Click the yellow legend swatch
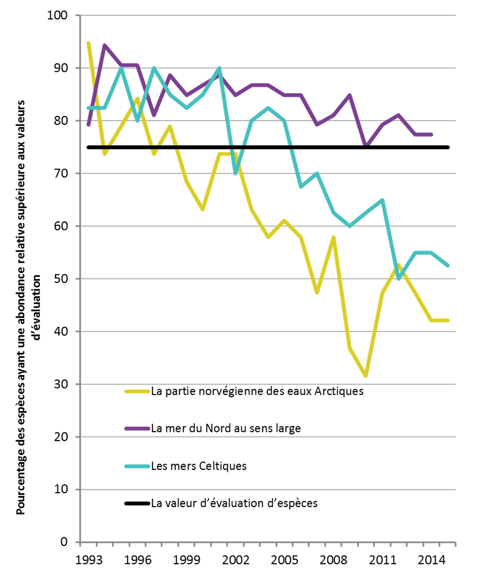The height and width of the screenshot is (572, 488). click(x=137, y=391)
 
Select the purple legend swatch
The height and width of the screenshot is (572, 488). click(x=137, y=428)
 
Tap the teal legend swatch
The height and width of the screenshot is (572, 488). click(x=137, y=466)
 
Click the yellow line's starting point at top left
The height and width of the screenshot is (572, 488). click(x=88, y=42)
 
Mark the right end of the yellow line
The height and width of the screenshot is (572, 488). click(x=449, y=320)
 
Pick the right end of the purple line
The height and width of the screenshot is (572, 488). click(x=432, y=134)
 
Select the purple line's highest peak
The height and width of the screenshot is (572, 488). click(x=104, y=45)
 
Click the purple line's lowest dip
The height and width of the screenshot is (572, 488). click(x=366, y=144)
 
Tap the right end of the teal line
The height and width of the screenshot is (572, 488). click(x=449, y=266)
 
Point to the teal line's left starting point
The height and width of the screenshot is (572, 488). click(x=88, y=108)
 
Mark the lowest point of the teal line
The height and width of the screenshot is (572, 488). click(x=400, y=279)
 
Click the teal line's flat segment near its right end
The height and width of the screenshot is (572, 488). click(x=423, y=252)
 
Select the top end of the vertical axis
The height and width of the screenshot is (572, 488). click(x=80, y=15)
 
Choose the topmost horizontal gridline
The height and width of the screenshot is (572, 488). click(x=267, y=15)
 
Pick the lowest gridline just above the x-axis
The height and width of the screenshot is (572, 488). click(x=267, y=489)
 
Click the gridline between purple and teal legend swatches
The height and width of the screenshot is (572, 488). click(x=267, y=436)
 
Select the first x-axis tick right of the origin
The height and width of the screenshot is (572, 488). click(x=96, y=544)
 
